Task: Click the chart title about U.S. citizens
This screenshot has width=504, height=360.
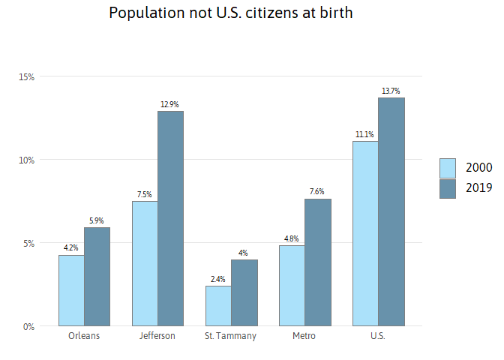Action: pos(230,13)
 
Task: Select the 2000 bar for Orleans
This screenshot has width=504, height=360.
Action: pos(71,290)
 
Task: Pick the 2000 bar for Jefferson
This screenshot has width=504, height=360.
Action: pos(145,263)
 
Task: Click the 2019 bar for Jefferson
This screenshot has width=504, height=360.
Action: pos(170,218)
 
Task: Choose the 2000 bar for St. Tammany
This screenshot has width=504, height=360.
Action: pos(218,305)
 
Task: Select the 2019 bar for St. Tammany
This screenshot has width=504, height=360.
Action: pos(244,292)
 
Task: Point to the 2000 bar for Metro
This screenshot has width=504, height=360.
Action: pos(292,286)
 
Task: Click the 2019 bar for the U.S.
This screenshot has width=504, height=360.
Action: pos(391,211)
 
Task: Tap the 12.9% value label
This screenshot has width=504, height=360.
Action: pos(169,104)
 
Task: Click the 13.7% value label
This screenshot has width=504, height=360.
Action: pos(391,91)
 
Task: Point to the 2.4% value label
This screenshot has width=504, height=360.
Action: pos(218,279)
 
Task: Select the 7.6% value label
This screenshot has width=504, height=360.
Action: pos(316,192)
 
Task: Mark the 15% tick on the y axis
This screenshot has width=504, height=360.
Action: pos(26,76)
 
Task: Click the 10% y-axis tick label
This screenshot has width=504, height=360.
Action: pos(26,160)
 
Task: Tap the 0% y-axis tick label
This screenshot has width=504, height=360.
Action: pos(28,326)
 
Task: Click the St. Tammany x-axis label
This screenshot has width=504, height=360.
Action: pos(230,336)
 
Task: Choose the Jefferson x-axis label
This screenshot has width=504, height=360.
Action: pos(157,336)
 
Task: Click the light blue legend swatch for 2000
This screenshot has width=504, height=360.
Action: pos(448,168)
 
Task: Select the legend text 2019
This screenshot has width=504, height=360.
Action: pos(478,188)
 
